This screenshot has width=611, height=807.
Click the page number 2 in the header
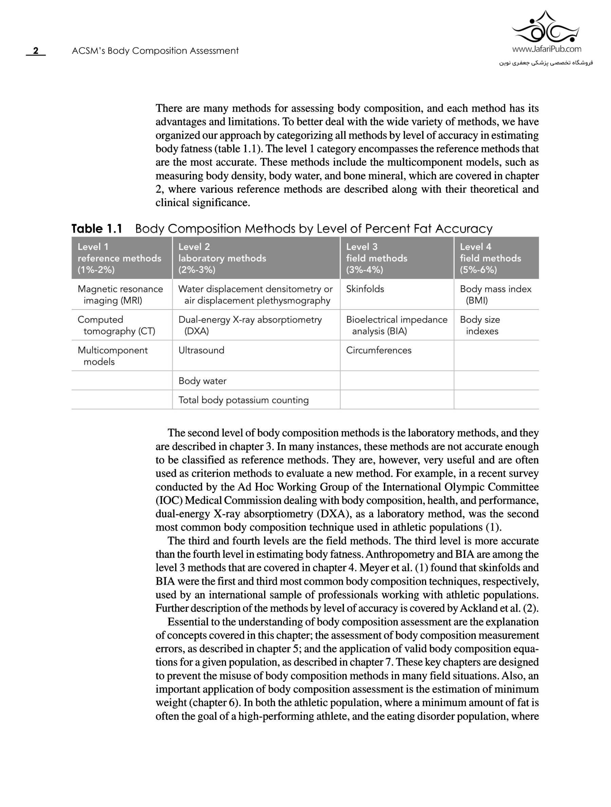click(x=35, y=51)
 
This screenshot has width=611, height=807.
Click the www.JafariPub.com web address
click(x=547, y=49)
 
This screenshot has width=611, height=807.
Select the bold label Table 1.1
click(x=97, y=229)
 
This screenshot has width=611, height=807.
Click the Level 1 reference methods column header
click(x=119, y=258)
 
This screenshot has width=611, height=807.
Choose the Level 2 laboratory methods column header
click(x=222, y=258)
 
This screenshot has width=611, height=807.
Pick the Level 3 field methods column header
click(x=376, y=258)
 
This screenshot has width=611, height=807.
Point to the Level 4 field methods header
click(x=490, y=258)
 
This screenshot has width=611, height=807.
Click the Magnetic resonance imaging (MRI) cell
click(x=120, y=295)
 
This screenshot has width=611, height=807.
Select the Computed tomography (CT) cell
click(x=116, y=325)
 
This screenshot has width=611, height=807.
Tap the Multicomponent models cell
click(x=112, y=356)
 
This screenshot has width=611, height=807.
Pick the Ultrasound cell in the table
click(x=201, y=350)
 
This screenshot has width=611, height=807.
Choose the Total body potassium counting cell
click(x=243, y=400)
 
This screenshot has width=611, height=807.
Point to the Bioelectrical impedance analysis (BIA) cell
click(x=396, y=325)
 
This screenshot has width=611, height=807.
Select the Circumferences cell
click(x=378, y=350)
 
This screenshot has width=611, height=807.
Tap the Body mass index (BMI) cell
click(x=495, y=295)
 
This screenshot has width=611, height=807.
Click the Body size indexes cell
click(x=480, y=325)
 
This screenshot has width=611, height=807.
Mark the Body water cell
click(x=202, y=381)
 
